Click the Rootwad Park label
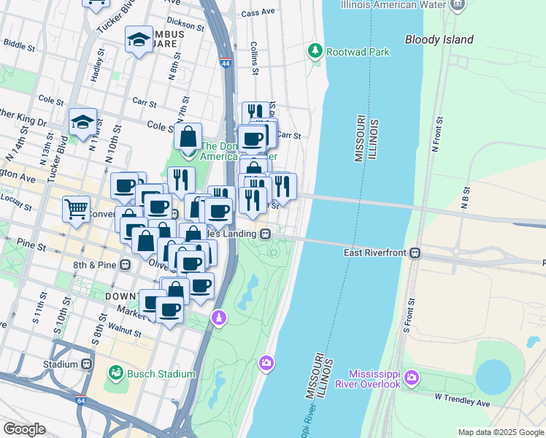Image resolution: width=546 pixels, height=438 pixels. click(x=358, y=52)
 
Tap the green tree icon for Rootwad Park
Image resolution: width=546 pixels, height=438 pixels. click(x=315, y=51)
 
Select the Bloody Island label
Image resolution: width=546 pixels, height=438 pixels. click(x=439, y=39)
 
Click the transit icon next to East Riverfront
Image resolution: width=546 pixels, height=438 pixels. click(x=415, y=253)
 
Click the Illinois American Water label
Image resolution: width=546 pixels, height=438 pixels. click(x=393, y=4)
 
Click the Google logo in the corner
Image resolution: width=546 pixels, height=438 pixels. click(x=24, y=429)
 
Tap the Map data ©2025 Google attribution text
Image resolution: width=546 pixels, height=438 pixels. click(x=500, y=432)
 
